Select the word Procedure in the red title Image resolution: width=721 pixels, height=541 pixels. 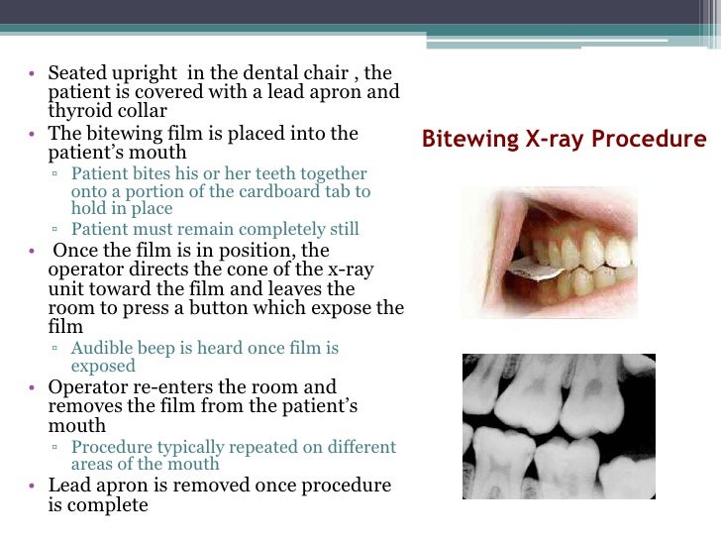pyautogui.click(x=647, y=139)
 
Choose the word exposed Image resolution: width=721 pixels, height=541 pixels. pyautogui.click(x=103, y=366)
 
